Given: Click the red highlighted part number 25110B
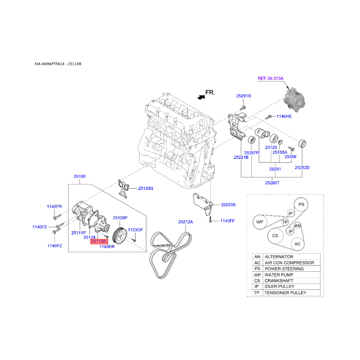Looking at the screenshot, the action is click(99, 242).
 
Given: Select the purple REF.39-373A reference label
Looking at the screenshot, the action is click(270, 78).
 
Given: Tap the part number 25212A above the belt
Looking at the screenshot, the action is click(185, 222).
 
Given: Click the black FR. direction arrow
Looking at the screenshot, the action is click(201, 97).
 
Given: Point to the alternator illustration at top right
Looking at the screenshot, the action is click(295, 99).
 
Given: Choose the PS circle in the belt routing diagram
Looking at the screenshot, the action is click(301, 205).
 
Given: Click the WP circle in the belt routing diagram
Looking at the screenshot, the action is click(260, 222).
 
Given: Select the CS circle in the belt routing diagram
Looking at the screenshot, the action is click(275, 236).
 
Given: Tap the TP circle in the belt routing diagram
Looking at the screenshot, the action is click(285, 222).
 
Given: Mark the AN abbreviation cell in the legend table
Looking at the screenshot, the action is click(257, 256).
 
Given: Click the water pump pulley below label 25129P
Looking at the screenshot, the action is click(120, 236).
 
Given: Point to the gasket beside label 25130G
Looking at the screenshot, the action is click(123, 189).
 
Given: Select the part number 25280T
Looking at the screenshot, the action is click(272, 183).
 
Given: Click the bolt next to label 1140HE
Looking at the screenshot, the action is click(268, 117).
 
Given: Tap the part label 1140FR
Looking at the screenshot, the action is click(54, 207).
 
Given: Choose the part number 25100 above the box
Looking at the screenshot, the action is click(80, 176).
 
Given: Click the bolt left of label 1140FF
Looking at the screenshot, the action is click(210, 220).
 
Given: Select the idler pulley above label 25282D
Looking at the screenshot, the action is click(302, 144).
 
